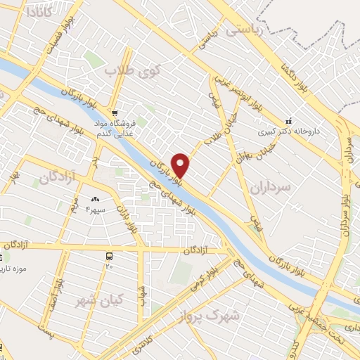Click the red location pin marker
point(181,165)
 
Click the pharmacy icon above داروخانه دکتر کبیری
point(286,120)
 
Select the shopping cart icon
point(115,112)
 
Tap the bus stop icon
point(109,256)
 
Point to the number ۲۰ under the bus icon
point(109,266)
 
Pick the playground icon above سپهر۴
point(95,200)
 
